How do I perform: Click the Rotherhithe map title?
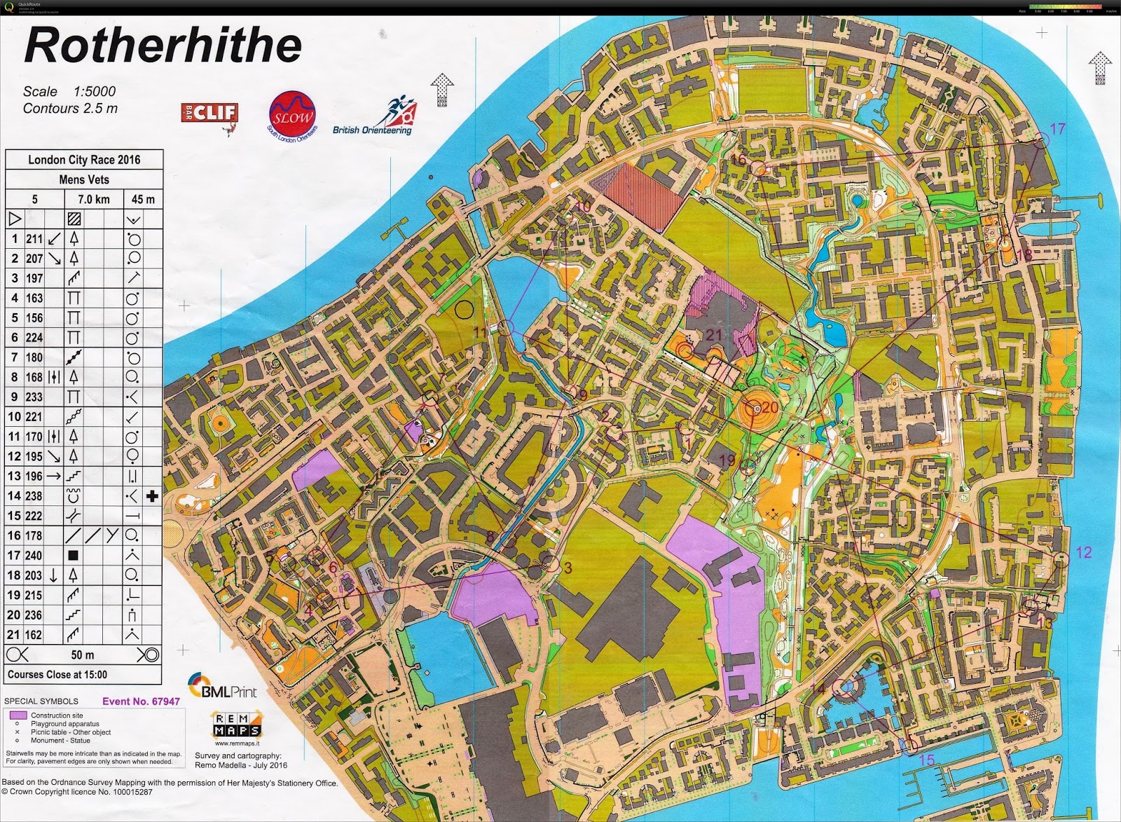click(163, 46)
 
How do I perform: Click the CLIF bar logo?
click(209, 113)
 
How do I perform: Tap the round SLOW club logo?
click(291, 116)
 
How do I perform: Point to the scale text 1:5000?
click(95, 91)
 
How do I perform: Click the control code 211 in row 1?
click(34, 239)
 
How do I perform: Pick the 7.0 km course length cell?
click(93, 200)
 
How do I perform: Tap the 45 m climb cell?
click(143, 200)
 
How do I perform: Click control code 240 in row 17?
click(34, 556)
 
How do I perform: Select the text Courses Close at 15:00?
click(57, 675)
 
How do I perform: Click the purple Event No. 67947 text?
click(141, 701)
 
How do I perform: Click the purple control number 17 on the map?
click(1057, 129)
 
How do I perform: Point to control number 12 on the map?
click(1083, 552)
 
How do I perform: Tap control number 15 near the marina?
click(926, 760)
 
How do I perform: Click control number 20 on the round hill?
click(770, 407)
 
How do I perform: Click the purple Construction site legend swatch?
click(19, 715)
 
